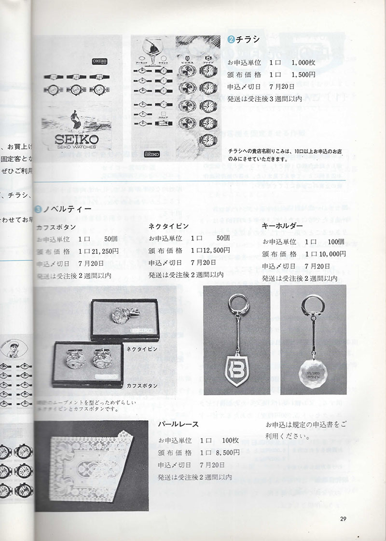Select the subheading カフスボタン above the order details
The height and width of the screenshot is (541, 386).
pyautogui.click(x=56, y=226)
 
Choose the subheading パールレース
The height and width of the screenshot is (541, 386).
pyautogui.click(x=179, y=425)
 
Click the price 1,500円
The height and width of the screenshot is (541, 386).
pyautogui.click(x=303, y=75)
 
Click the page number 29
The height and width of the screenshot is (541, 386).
pyautogui.click(x=344, y=519)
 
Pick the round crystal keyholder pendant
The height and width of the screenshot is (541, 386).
pyautogui.click(x=313, y=367)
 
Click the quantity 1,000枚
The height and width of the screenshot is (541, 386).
pyautogui.click(x=304, y=63)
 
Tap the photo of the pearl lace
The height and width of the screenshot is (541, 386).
pyautogui.click(x=92, y=466)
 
